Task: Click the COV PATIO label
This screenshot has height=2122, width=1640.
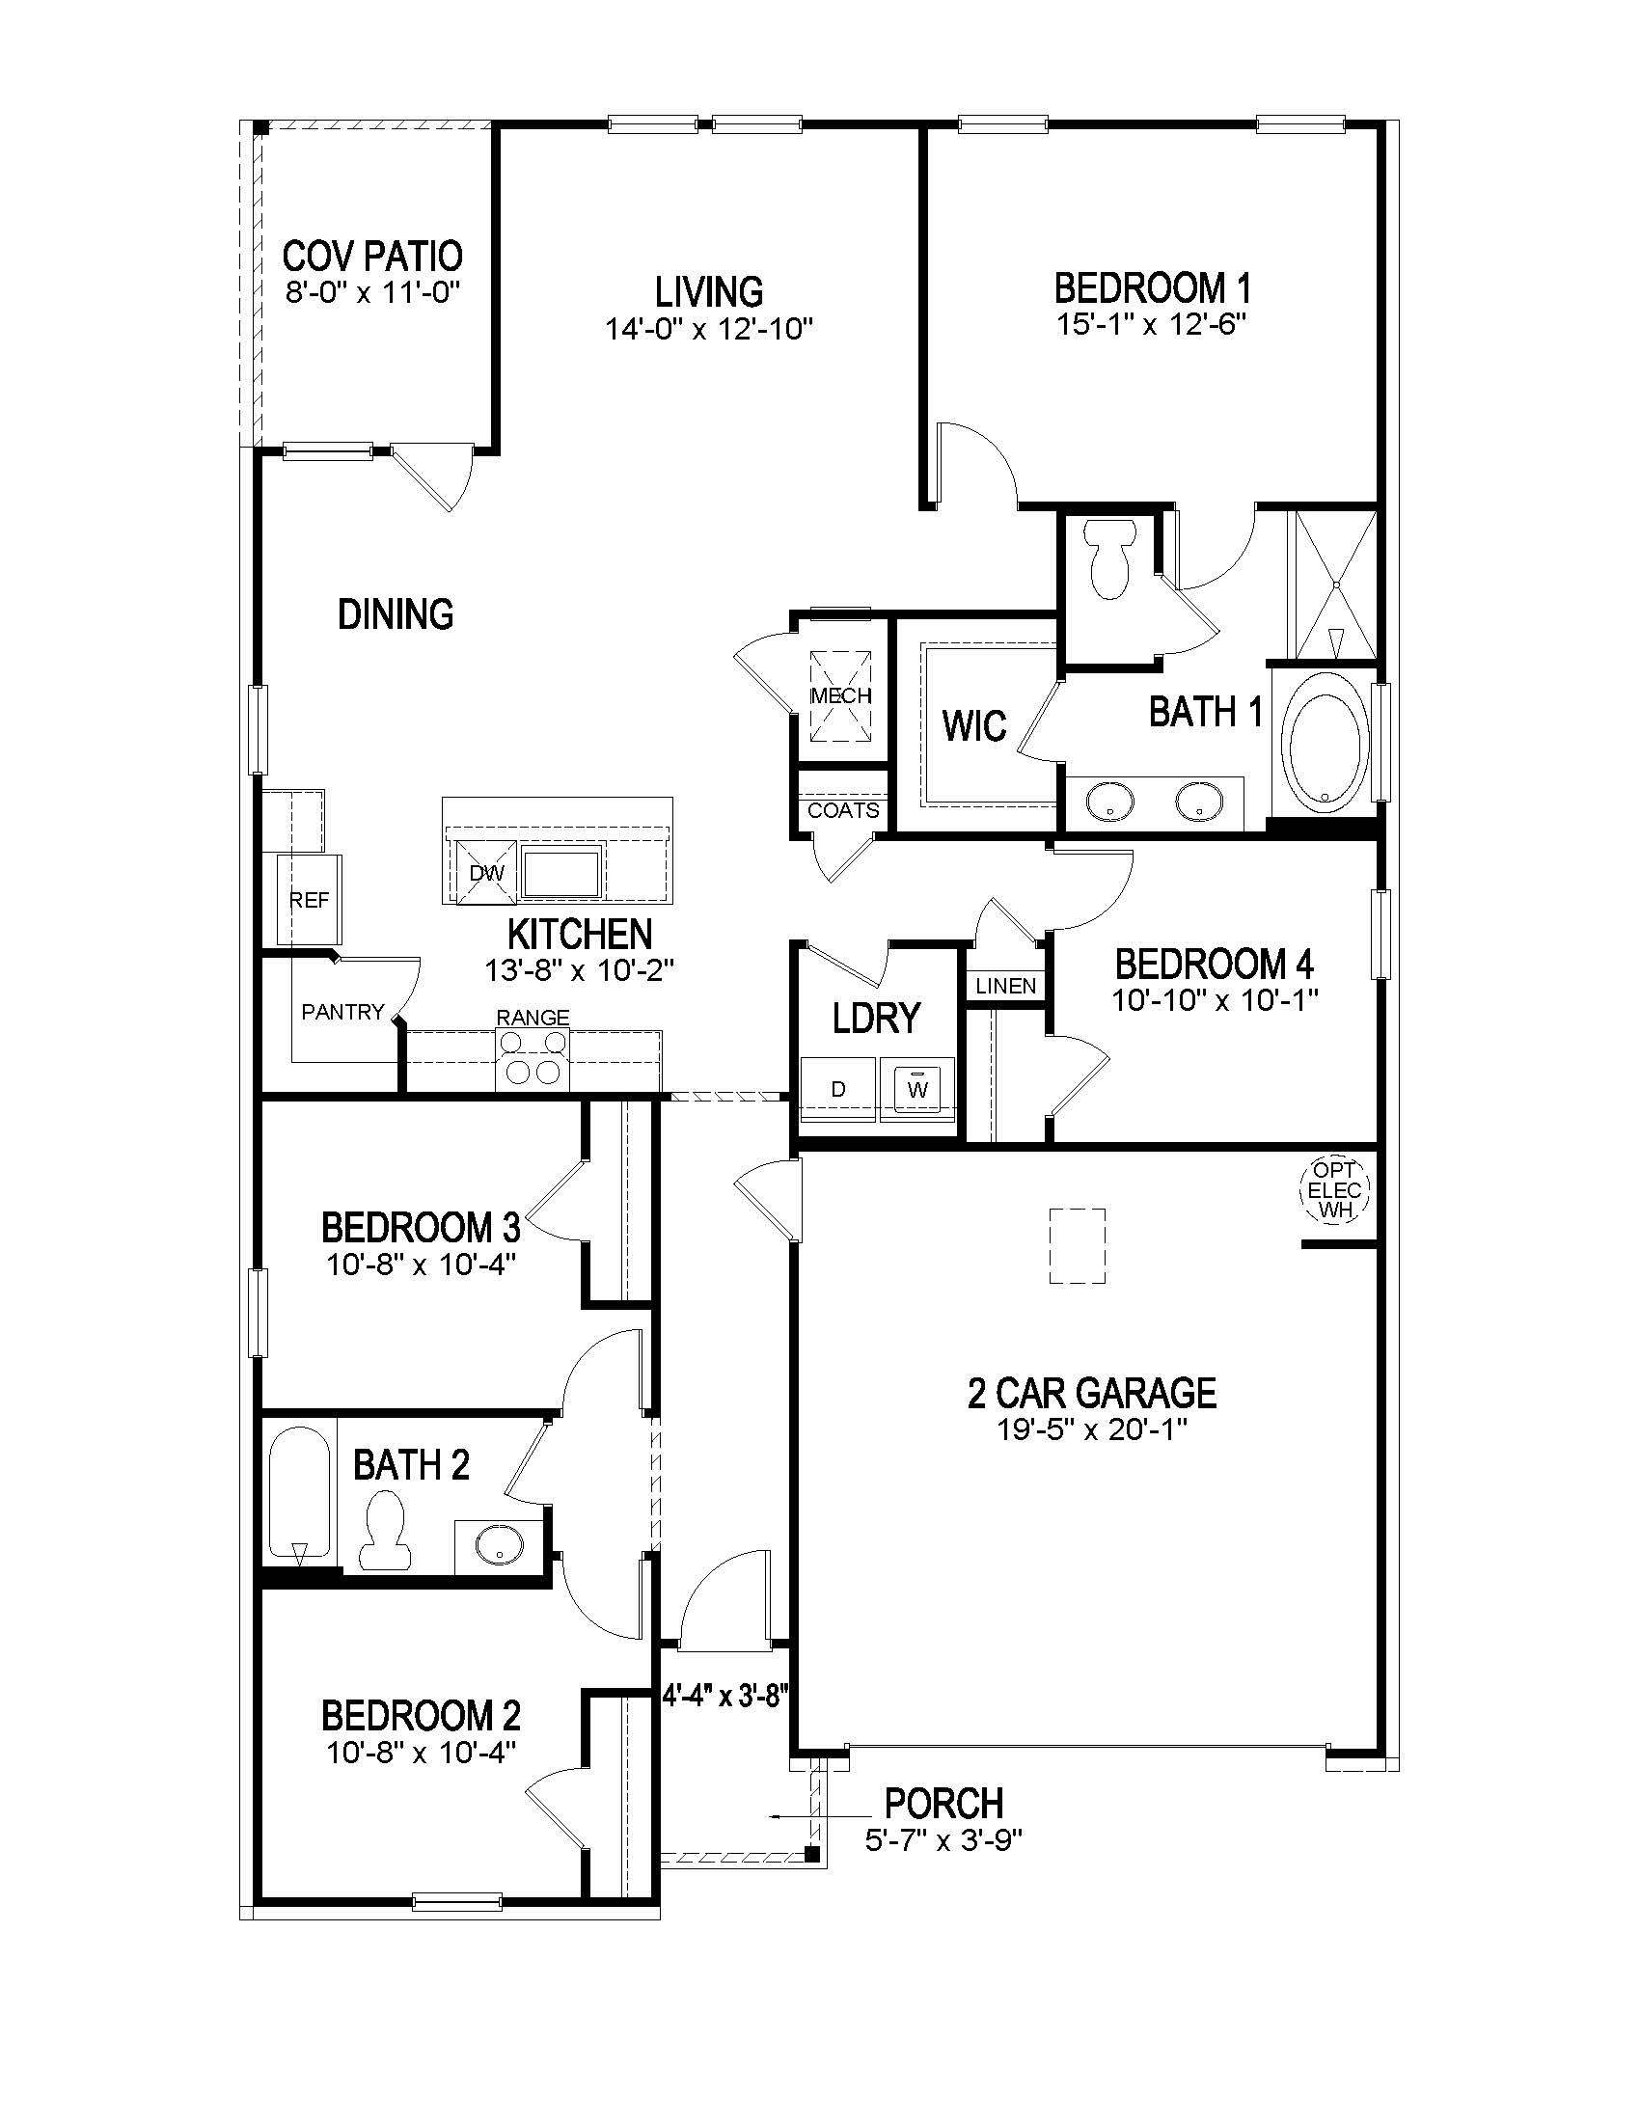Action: pos(372,257)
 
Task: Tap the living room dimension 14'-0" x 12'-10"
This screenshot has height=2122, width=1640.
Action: pos(708,329)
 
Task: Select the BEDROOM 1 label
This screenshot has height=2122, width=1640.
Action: pos(1152,288)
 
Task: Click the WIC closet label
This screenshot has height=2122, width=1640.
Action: pos(973,725)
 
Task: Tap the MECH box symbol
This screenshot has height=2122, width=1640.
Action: pos(841,695)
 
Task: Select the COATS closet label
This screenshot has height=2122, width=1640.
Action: pos(843,810)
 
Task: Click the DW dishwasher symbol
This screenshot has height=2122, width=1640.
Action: pos(486,873)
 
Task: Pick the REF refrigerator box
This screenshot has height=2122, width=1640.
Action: pos(309,900)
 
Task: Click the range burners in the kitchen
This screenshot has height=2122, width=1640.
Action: pos(532,1058)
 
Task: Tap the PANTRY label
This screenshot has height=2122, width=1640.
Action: pos(342,1013)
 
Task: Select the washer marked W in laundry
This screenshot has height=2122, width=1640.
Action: pos(917,1088)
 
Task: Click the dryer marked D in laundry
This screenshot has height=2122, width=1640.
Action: pos(838,1089)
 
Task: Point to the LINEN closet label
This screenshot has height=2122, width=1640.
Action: pos(1005,986)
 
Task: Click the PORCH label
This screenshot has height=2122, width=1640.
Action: pos(943,1805)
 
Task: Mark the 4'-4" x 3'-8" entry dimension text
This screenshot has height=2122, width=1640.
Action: pos(724,1697)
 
